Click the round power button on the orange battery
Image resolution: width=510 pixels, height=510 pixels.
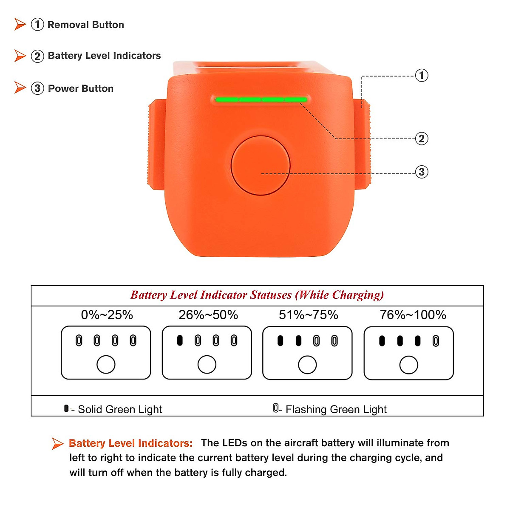click(261, 166)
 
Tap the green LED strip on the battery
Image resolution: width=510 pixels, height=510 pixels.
click(261, 100)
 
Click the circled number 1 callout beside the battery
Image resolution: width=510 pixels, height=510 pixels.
click(421, 76)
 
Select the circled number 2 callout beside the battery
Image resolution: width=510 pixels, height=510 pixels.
click(421, 139)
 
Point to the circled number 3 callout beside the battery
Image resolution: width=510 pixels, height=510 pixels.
click(421, 172)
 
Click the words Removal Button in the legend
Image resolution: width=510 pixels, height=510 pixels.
click(85, 25)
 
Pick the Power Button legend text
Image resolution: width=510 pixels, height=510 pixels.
click(81, 88)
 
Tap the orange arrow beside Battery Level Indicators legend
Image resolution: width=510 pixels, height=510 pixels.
click(20, 56)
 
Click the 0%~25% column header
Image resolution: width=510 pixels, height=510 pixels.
click(107, 315)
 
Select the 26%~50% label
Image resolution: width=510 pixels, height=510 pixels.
click(208, 315)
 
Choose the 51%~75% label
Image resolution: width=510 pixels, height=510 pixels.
click(309, 315)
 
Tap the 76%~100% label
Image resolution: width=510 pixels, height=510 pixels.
click(413, 315)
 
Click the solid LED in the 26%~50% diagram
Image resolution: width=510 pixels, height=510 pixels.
click(180, 340)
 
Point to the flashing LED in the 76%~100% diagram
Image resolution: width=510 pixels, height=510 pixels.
click(436, 341)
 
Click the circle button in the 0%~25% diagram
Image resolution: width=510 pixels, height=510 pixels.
click(106, 365)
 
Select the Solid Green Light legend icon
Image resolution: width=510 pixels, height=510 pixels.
click(66, 408)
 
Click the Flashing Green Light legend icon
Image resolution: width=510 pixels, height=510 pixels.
click(275, 408)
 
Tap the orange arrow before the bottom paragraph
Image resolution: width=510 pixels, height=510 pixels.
click(57, 443)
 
